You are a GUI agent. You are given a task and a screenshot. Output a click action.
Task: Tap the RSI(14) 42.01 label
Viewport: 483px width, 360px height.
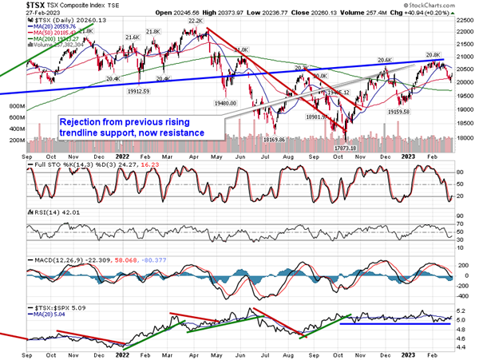[48, 216]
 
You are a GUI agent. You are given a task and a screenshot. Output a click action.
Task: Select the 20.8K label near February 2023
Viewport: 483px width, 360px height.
[433, 54]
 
